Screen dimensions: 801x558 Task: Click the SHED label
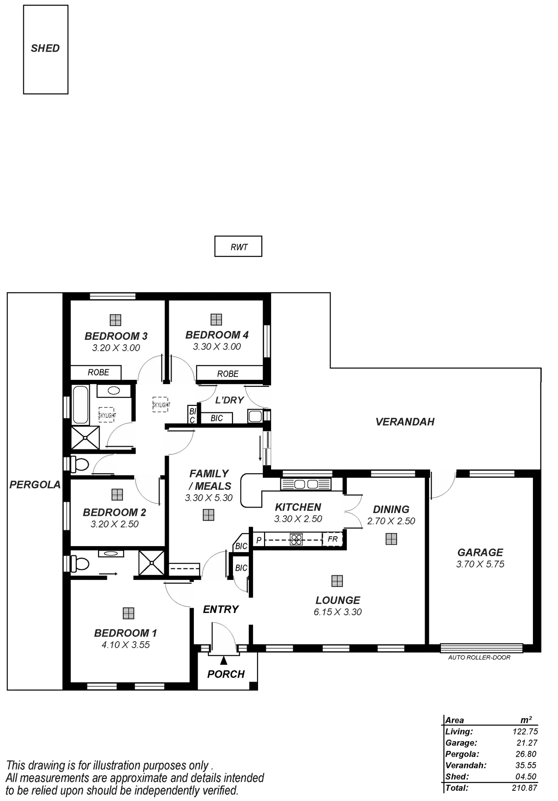click(x=45, y=48)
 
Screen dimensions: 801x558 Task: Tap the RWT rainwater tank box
click(x=239, y=247)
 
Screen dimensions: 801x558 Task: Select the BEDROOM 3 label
click(x=116, y=336)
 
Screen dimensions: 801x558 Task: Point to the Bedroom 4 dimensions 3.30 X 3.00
click(x=217, y=347)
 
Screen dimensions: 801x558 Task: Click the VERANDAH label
click(x=405, y=422)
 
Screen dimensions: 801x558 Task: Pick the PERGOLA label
click(x=35, y=485)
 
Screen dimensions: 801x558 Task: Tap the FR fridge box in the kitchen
click(x=332, y=540)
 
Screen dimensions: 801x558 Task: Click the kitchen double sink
click(x=306, y=485)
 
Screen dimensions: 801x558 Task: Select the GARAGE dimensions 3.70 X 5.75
click(x=480, y=564)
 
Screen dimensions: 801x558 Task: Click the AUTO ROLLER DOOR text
click(x=479, y=658)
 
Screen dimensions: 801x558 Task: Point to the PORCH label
click(x=226, y=674)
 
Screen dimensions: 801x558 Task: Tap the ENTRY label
click(x=221, y=610)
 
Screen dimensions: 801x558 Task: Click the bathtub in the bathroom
click(x=80, y=404)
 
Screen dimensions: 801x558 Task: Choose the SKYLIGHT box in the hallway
click(x=161, y=405)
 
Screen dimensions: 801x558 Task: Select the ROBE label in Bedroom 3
click(x=99, y=372)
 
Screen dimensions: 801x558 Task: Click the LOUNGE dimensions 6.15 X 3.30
click(x=338, y=612)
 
